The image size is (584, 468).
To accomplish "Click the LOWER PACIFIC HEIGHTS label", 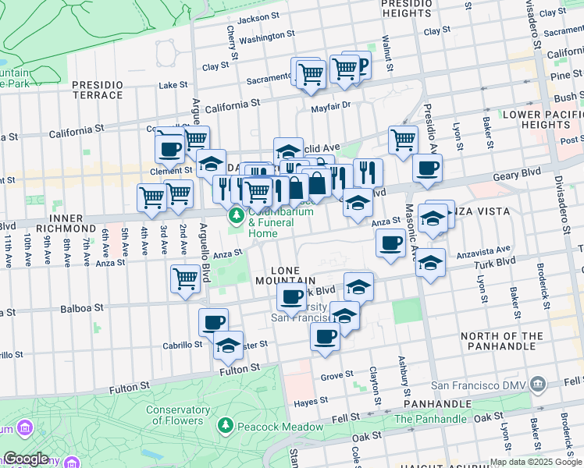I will click(x=542, y=119).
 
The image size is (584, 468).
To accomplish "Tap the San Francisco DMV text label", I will click(x=478, y=385).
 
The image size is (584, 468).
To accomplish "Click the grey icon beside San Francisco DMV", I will click(x=537, y=384).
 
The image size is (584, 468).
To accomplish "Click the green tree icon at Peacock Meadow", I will click(x=226, y=426).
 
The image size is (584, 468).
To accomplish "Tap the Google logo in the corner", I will click(x=26, y=459).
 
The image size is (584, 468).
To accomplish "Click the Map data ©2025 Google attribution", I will click(x=536, y=462).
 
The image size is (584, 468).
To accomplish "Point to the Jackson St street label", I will click(x=258, y=19).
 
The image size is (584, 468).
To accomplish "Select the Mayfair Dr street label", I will click(x=331, y=107).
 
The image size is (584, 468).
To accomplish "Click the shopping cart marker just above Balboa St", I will click(x=185, y=278).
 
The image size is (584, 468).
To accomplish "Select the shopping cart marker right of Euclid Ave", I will click(x=402, y=140).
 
